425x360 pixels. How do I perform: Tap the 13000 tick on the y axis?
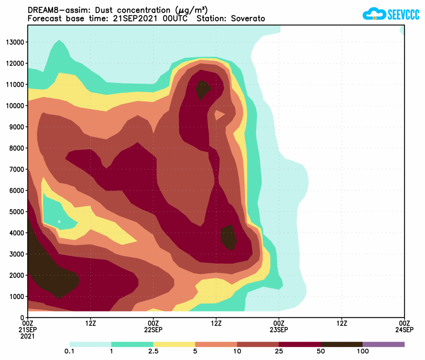pyautogui.click(x=15, y=42)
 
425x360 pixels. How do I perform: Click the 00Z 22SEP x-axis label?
pyautogui.click(x=153, y=326)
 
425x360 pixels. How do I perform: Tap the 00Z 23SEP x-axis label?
pyautogui.click(x=279, y=326)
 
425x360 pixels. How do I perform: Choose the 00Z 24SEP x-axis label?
pyautogui.click(x=404, y=326)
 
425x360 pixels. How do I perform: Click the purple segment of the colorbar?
pyautogui.click(x=383, y=344)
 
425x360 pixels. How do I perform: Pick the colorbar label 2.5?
pyautogui.click(x=153, y=351)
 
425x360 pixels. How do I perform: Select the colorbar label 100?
pyautogui.click(x=362, y=351)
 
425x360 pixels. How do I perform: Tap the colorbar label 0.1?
pyautogui.click(x=70, y=351)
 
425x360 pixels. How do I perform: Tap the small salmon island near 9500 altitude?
pyautogui.click(x=220, y=114)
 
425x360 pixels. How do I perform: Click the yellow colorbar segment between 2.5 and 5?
pyautogui.click(x=174, y=344)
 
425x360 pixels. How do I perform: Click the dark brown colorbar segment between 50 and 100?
pyautogui.click(x=341, y=344)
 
